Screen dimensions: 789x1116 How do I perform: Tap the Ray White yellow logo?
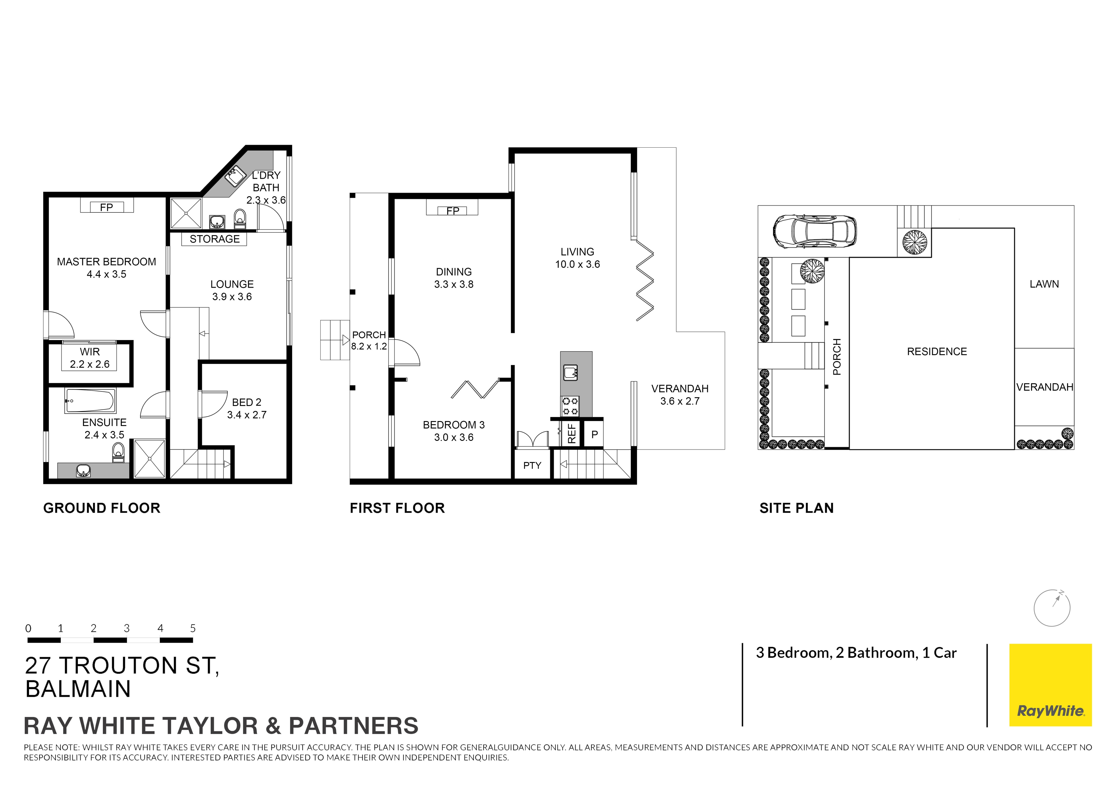pyautogui.click(x=1050, y=685)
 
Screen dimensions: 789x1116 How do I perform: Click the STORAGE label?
pyautogui.click(x=214, y=239)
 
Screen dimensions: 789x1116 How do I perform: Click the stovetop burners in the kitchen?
pyautogui.click(x=570, y=406)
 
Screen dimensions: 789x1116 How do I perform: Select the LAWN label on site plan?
pyautogui.click(x=1044, y=284)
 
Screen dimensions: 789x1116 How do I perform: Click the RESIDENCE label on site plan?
pyautogui.click(x=937, y=351)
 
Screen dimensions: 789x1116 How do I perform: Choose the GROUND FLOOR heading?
pyautogui.click(x=102, y=508)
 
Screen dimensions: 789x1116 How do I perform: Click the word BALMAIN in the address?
pyautogui.click(x=78, y=689)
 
